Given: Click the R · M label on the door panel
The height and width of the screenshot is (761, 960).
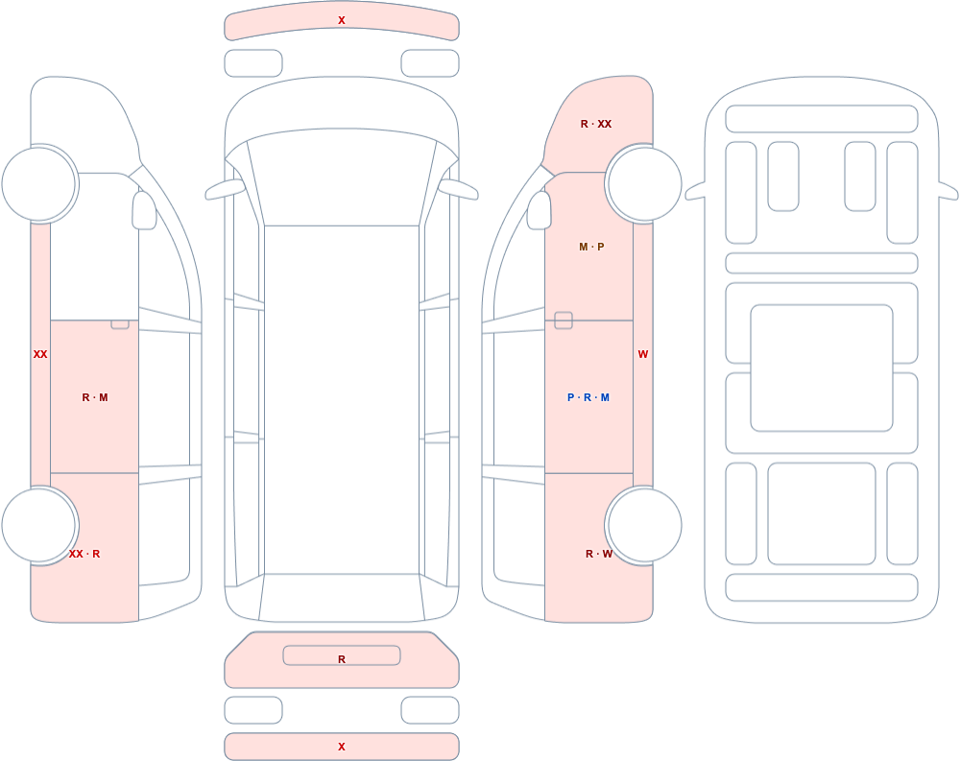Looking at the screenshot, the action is click(x=95, y=397).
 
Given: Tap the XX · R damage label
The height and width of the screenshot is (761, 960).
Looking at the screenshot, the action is click(x=84, y=554).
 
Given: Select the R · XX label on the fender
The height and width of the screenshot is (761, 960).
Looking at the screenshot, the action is click(x=596, y=124).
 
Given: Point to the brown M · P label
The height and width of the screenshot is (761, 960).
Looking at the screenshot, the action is click(x=591, y=247).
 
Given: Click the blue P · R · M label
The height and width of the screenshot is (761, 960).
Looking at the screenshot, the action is click(x=588, y=397).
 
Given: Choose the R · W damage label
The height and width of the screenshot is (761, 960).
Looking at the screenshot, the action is click(x=599, y=554).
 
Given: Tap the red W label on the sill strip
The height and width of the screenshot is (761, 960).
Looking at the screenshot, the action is click(x=643, y=354).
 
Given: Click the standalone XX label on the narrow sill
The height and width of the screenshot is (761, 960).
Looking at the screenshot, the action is click(x=40, y=354).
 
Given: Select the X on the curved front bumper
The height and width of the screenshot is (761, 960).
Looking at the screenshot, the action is click(x=342, y=20).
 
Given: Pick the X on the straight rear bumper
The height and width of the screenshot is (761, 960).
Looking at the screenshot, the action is click(x=342, y=747).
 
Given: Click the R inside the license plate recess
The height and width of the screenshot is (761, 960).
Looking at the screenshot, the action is click(x=342, y=658).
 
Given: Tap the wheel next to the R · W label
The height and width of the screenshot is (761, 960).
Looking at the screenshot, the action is click(x=643, y=525).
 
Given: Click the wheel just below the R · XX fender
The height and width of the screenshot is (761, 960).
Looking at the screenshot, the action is click(x=643, y=183).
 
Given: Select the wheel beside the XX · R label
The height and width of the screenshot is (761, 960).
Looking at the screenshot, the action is click(x=39, y=525).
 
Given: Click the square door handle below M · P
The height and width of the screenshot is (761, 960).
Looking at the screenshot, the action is click(x=564, y=321).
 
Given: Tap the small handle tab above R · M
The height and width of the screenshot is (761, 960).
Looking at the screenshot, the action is click(x=120, y=323).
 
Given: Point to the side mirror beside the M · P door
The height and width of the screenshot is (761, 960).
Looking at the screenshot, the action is click(x=540, y=210).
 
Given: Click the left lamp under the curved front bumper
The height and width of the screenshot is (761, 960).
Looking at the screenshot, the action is click(x=253, y=63).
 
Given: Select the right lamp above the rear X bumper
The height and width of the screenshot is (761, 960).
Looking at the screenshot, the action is click(x=430, y=710).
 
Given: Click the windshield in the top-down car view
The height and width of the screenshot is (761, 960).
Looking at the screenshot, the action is click(x=342, y=178).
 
